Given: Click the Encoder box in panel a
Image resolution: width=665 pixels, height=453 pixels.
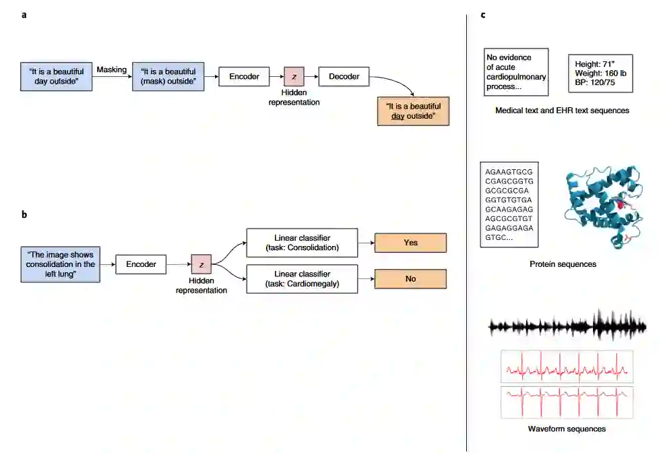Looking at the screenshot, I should pos(244,76).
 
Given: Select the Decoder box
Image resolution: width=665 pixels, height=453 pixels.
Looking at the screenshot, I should pos(344,76).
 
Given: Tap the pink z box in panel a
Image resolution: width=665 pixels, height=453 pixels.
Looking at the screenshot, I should pos(294,76).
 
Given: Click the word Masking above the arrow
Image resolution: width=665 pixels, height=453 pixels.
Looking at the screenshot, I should pos(112,69).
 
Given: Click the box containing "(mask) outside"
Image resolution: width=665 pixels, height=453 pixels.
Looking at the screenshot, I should pos(168,76).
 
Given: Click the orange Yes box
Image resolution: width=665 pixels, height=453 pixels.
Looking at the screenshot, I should pos(410,243).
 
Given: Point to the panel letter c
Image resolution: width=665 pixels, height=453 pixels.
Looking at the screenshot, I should pos(483,15).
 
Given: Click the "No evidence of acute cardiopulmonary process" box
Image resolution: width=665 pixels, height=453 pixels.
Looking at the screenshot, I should pos(516,72).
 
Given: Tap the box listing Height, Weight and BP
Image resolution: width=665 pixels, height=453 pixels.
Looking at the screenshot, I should pos(600,73).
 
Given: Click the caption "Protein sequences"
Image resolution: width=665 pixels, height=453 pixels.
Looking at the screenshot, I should pos(563,264).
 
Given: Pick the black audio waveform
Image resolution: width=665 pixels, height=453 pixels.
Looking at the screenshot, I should pos(567,327).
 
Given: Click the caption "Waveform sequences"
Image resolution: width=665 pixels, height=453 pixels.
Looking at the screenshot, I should pos(567,429).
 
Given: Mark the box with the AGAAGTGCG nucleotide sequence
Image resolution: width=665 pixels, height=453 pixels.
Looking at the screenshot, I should pos(509,204).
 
